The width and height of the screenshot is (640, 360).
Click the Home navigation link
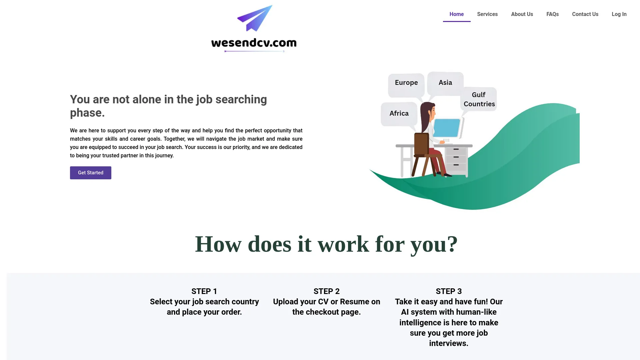tap(456, 14)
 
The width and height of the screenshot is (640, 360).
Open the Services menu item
tap(487, 14)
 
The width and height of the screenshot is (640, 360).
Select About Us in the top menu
tap(522, 14)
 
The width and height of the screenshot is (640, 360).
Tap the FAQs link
tap(552, 14)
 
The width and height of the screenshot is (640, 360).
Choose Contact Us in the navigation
tap(585, 14)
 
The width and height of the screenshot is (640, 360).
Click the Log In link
tap(619, 14)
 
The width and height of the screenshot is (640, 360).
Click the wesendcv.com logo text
tap(254, 43)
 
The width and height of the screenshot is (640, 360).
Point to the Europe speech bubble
tap(406, 83)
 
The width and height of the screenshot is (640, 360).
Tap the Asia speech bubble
tap(445, 83)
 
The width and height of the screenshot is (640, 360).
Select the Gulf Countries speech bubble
tap(479, 99)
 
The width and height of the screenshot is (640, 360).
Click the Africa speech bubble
tap(399, 114)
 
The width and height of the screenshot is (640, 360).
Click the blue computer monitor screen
tap(447, 128)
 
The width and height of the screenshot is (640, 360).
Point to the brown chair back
tap(421, 144)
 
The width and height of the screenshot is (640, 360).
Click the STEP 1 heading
tap(204, 291)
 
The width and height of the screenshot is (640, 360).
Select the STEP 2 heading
tap(326, 291)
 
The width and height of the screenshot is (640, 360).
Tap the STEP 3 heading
tap(448, 291)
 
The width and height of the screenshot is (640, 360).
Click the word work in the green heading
tap(343, 244)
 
